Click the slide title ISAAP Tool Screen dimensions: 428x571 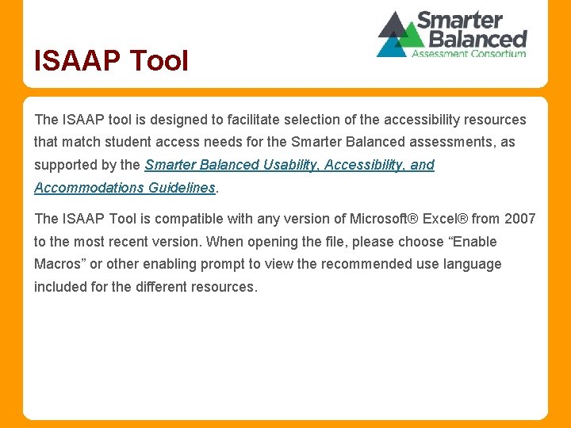tap(111, 60)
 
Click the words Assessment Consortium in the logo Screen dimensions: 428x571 tap(469, 54)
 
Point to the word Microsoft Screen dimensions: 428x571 tap(378, 219)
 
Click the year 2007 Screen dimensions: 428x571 tap(520, 219)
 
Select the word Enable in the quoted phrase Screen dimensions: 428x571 tap(473, 242)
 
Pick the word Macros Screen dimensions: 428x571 tap(61, 264)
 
